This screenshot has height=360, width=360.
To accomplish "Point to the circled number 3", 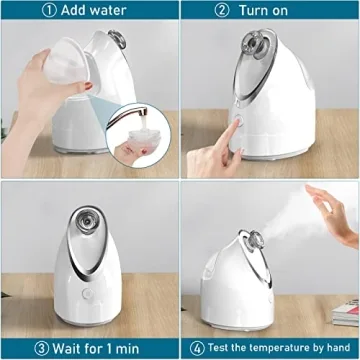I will tap(42, 348).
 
